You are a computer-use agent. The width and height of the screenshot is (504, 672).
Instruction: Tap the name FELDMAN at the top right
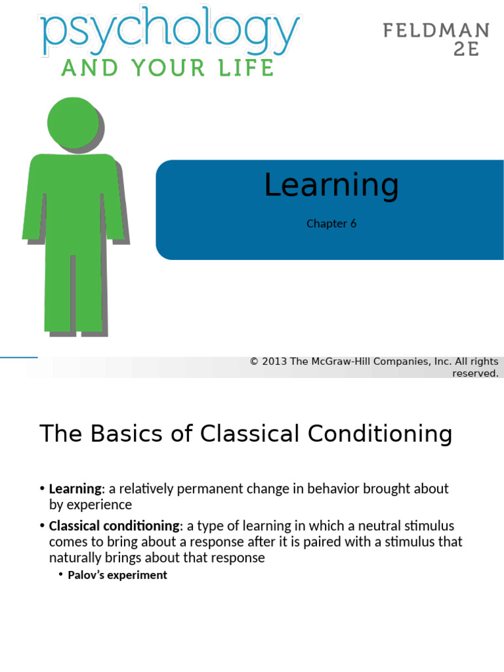coord(436,30)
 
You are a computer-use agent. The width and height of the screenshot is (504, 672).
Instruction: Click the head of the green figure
coord(73,123)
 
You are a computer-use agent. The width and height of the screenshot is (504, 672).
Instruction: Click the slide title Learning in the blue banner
coord(331,185)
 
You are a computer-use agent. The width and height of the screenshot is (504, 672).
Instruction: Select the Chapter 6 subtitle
coord(331,224)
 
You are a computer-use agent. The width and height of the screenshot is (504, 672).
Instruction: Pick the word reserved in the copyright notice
coord(475,373)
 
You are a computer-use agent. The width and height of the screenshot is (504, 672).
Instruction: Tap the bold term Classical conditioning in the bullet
coord(114,526)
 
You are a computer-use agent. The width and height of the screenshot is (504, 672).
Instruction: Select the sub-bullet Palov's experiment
coord(117,575)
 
